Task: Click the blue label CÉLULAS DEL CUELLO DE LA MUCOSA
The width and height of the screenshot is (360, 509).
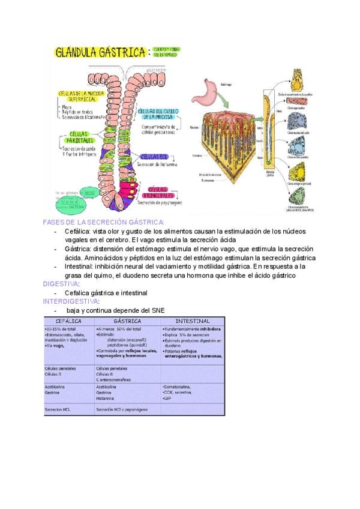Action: click(158, 114)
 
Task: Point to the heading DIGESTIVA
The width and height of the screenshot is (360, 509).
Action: click(61, 283)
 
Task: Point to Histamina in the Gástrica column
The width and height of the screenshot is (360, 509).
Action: click(106, 398)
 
